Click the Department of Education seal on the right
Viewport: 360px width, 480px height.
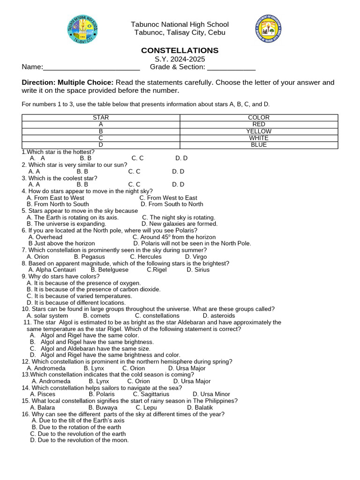269,29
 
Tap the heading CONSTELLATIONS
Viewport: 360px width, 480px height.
180,51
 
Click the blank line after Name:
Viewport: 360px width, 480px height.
91,67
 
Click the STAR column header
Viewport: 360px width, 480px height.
101,118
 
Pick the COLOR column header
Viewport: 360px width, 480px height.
259,118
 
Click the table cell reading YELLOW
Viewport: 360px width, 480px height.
259,132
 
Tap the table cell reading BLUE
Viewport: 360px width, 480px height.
259,145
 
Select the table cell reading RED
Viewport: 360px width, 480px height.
259,125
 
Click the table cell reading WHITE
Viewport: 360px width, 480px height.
259,138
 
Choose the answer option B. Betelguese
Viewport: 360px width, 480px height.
109,270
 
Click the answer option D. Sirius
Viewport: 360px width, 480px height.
198,270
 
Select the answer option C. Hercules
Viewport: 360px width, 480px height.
146,257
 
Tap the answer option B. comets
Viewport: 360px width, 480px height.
96,316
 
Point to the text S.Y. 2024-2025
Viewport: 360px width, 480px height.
180,60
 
